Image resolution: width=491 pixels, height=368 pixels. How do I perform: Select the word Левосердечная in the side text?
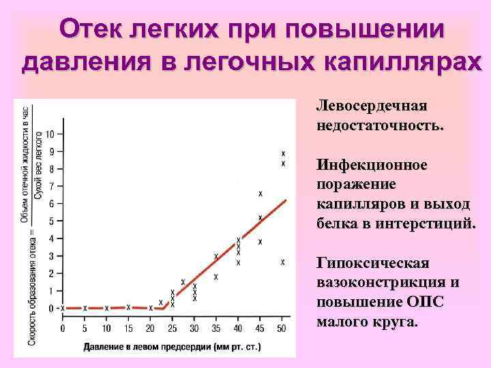371,106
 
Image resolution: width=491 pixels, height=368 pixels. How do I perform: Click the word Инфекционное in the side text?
372,166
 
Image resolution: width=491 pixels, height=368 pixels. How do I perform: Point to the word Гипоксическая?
372,264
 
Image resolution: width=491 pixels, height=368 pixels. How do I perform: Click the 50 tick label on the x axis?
282,329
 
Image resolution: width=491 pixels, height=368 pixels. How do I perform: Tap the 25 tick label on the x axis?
173,329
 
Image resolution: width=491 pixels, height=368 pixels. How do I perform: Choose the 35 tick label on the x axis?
216,329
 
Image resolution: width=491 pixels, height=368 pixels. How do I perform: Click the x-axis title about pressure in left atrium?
172,347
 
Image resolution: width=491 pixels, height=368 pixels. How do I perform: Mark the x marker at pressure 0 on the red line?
63,308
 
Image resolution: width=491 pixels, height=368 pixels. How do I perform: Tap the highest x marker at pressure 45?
261,194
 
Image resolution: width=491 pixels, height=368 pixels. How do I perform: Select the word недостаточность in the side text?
378,126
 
